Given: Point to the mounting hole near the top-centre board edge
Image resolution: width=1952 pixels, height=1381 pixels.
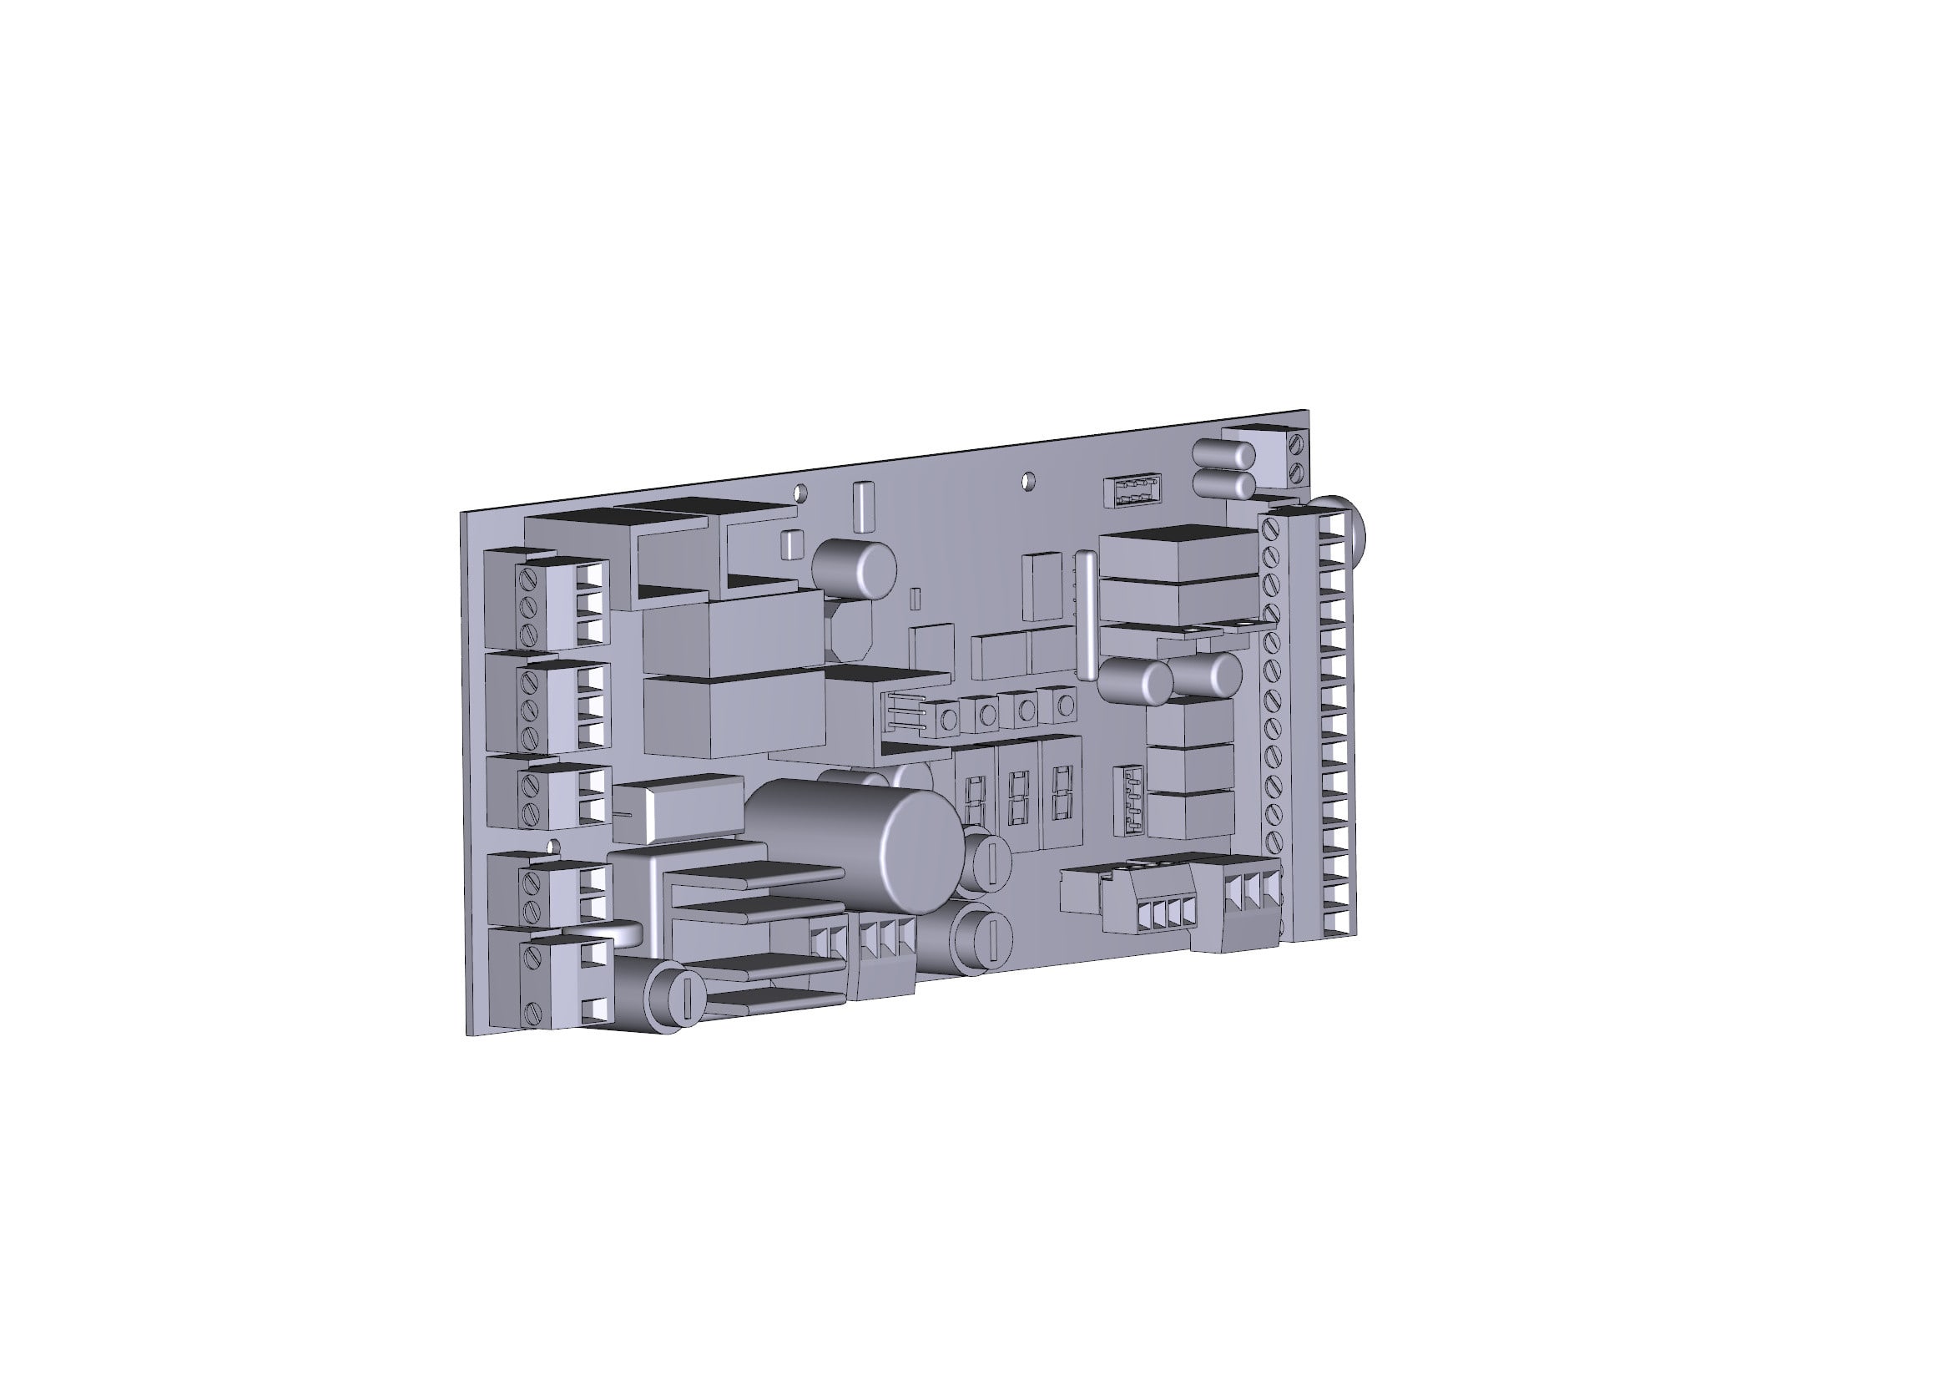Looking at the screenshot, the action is tap(1029, 480).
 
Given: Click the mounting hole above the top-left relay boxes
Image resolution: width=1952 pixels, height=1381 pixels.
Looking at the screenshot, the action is tap(800, 493).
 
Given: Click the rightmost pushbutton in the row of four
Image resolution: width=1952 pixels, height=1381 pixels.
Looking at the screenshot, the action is tap(1064, 705).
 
